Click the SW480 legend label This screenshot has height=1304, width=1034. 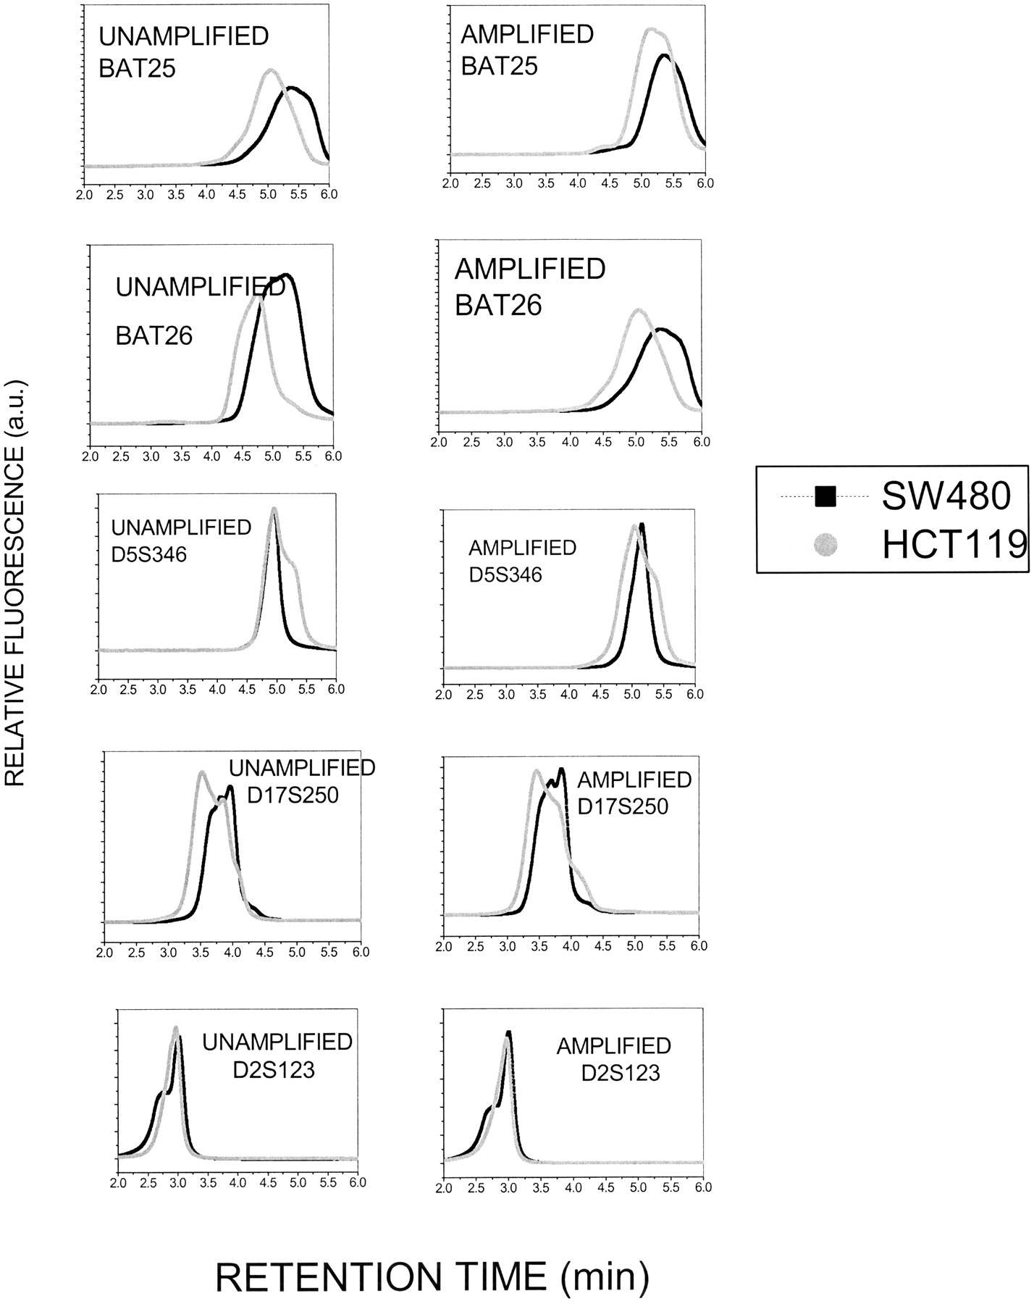pyautogui.click(x=945, y=496)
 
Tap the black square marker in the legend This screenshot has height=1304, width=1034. pyautogui.click(x=825, y=496)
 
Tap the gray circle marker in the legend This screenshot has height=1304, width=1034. pyautogui.click(x=825, y=544)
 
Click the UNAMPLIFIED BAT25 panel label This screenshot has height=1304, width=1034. pyautogui.click(x=183, y=53)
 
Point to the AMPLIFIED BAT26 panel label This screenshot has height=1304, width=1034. pyautogui.click(x=530, y=287)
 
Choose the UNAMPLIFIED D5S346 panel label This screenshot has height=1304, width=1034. pyautogui.click(x=181, y=540)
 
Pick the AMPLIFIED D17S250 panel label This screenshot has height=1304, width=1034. pyautogui.click(x=634, y=793)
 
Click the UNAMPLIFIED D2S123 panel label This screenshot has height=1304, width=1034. pyautogui.click(x=277, y=1055)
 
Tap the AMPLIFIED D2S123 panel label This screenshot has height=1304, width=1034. pyautogui.click(x=614, y=1058)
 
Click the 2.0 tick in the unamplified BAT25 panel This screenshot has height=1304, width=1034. pyautogui.click(x=85, y=195)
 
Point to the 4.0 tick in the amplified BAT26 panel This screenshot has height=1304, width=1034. pyautogui.click(x=571, y=442)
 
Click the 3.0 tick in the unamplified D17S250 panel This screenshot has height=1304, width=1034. pyautogui.click(x=169, y=952)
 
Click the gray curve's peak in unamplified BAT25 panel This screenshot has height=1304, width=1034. pyautogui.click(x=270, y=70)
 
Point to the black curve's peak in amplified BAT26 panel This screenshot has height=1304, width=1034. pyautogui.click(x=660, y=330)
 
